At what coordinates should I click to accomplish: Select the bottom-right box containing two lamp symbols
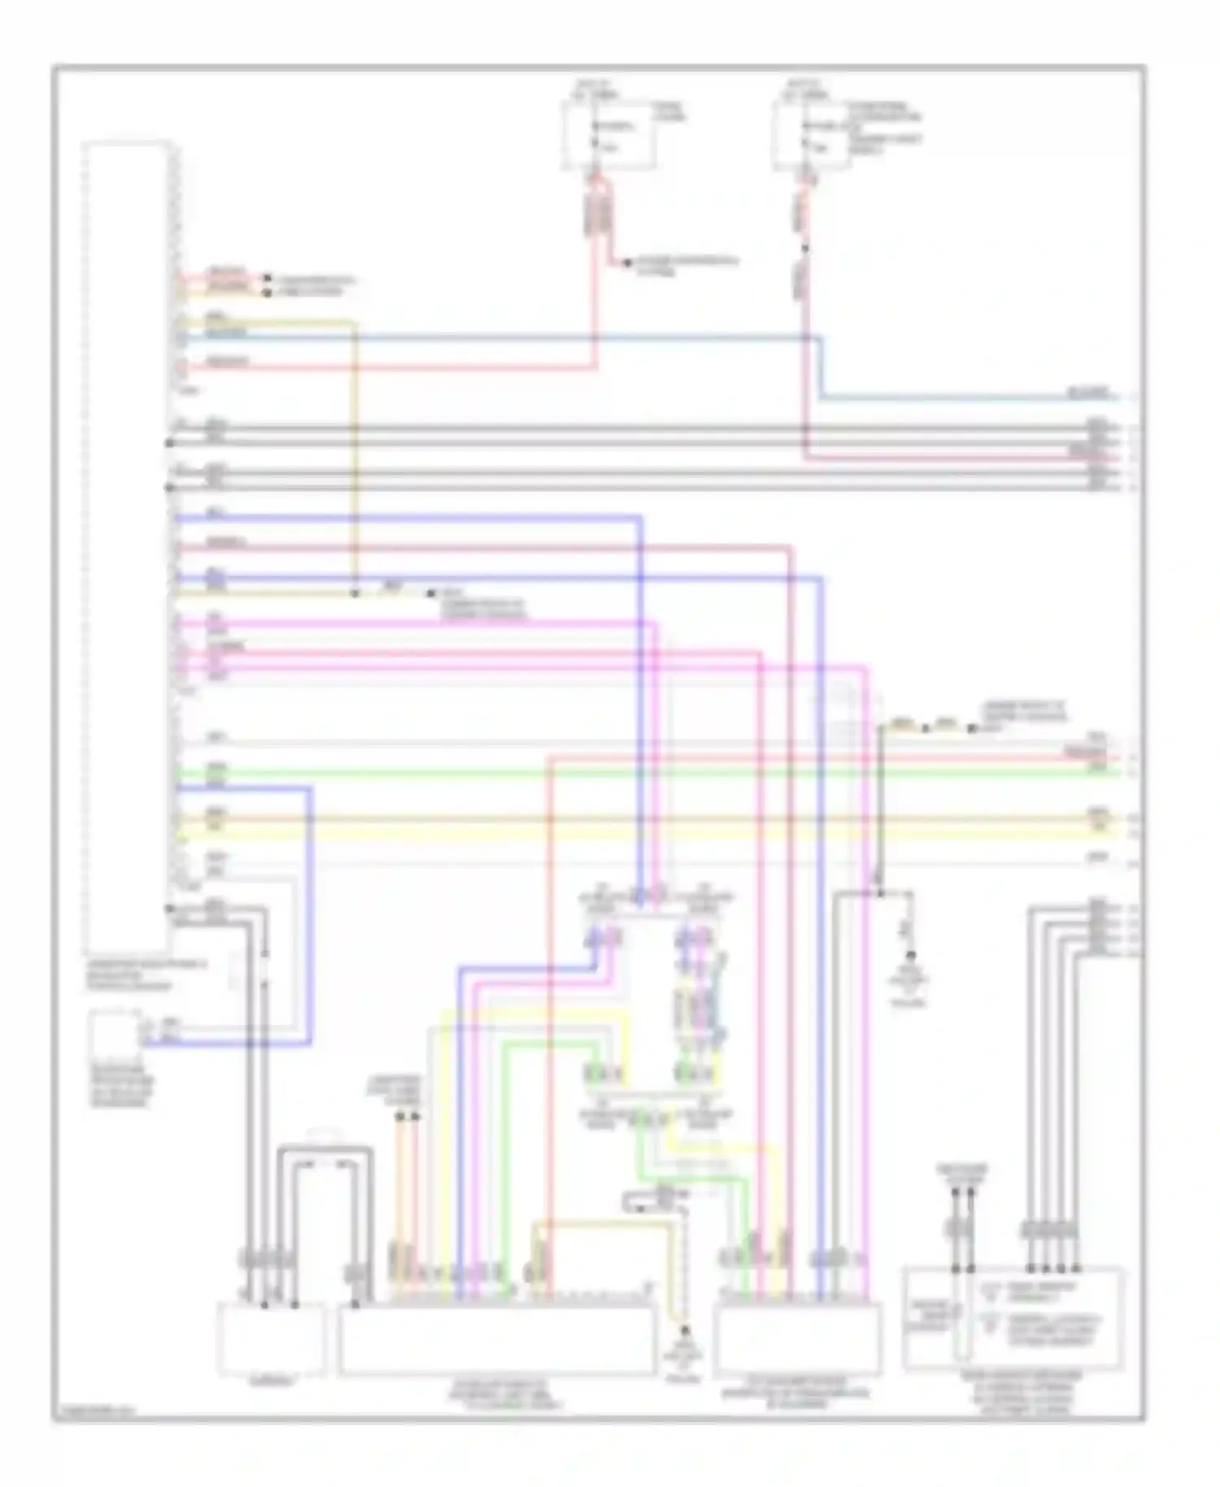[1013, 1318]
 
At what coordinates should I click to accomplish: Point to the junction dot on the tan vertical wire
[354, 593]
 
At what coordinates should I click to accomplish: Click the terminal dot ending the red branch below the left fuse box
[626, 263]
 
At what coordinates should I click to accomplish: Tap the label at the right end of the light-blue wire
[1088, 394]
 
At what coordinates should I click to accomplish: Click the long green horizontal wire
[651, 771]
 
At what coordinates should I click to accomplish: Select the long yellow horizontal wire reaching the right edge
[651, 831]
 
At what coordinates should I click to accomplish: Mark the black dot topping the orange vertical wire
[399, 1117]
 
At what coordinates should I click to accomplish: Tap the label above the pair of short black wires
[962, 1170]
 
